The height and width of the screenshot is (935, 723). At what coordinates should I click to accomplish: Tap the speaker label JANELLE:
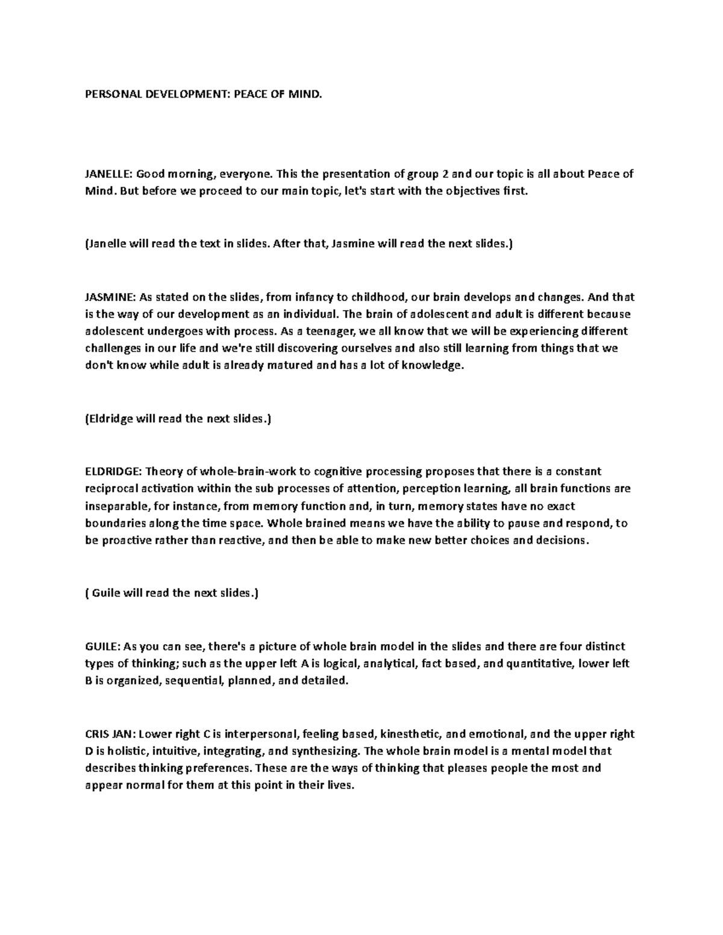click(x=108, y=175)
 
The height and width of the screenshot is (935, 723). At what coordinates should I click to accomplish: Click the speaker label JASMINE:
click(x=109, y=297)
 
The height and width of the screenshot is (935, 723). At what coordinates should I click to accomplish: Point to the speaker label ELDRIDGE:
click(x=111, y=471)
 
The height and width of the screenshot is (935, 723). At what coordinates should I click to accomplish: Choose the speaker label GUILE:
click(x=102, y=647)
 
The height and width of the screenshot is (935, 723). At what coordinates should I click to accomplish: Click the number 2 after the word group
click(x=446, y=175)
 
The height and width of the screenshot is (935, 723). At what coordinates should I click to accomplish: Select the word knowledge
click(x=433, y=365)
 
